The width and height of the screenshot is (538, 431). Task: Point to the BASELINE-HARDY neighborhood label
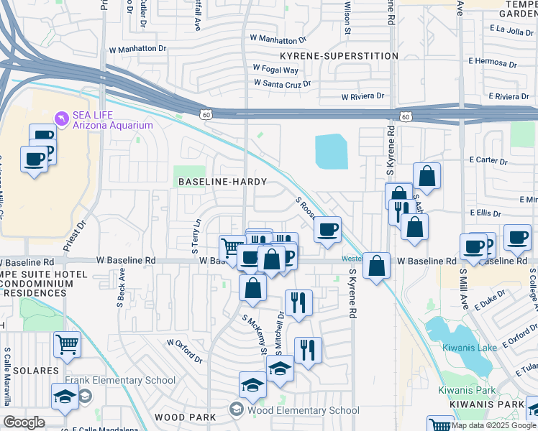pos(223,182)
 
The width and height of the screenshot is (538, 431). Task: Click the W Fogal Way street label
pos(275,70)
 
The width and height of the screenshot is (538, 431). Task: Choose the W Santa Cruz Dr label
pos(282,83)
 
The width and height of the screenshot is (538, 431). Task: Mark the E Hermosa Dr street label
pos(497,62)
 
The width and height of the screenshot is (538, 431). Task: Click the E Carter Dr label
pos(489,159)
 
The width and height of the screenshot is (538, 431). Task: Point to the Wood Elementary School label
pos(303,411)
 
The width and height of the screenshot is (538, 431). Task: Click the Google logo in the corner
pos(24,422)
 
